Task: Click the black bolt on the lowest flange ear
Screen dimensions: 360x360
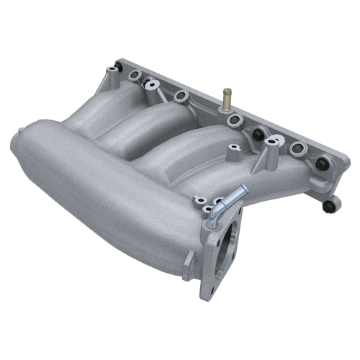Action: pyautogui.click(x=330, y=207)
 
